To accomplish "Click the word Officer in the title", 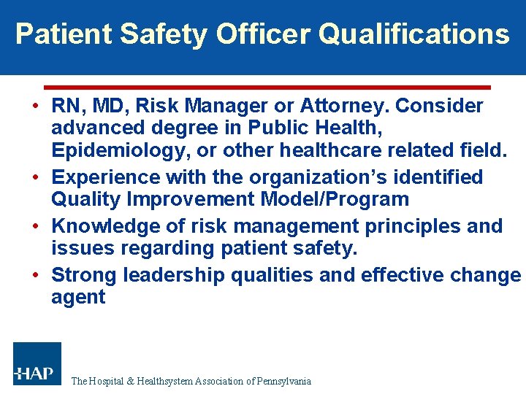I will click(264, 34).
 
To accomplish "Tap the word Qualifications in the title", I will click(414, 34).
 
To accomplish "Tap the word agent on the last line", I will click(78, 298).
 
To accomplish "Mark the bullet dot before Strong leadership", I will click(36, 275).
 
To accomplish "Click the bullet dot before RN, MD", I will click(36, 107).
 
